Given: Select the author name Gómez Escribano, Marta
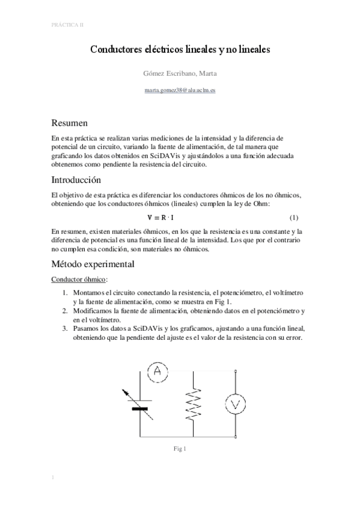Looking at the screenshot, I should (x=180, y=74).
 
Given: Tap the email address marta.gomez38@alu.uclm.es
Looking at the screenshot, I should (x=180, y=90).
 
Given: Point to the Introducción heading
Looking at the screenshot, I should (x=76, y=180).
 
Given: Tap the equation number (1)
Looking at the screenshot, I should (x=294, y=217).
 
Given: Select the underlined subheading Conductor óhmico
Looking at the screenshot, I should (x=80, y=280).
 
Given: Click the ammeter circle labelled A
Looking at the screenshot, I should (x=157, y=372).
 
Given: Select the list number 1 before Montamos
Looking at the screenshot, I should (x=66, y=292).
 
